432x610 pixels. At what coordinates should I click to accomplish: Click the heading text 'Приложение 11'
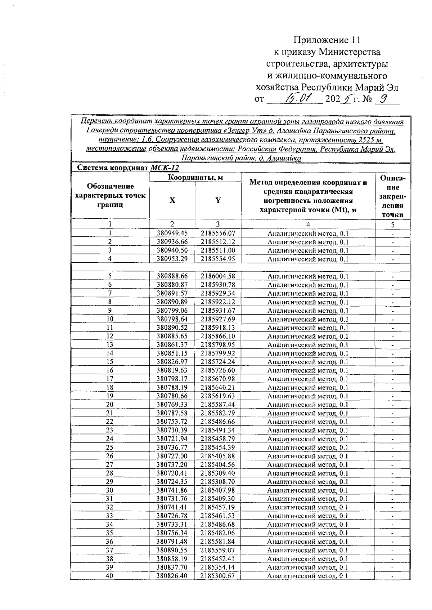pos(327,40)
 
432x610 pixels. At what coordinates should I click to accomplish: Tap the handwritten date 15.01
pos(298,98)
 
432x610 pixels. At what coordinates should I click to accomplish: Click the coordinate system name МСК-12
pos(165,168)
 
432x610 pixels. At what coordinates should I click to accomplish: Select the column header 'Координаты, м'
pos(195,177)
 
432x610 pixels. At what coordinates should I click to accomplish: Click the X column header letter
pos(172,201)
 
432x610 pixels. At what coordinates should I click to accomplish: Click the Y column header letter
pos(218,201)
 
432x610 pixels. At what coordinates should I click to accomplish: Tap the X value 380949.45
pos(172,233)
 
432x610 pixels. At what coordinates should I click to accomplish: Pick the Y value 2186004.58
pos(218,276)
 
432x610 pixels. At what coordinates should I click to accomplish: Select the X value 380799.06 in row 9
pos(172,311)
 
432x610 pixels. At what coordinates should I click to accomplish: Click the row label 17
pos(110,379)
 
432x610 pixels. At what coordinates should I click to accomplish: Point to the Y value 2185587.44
pos(218,405)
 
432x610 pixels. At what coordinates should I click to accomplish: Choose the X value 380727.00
pos(172,456)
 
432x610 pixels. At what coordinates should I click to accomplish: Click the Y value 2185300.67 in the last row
pos(218,576)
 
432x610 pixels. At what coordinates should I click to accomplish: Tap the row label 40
pos(110,576)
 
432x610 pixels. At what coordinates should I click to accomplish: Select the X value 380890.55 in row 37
pos(172,550)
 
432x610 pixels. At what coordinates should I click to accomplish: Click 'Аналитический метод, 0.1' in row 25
pos(308,448)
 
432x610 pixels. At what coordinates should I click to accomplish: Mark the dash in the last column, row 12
pos(393,337)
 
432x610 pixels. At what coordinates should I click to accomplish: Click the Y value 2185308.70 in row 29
pos(218,482)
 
